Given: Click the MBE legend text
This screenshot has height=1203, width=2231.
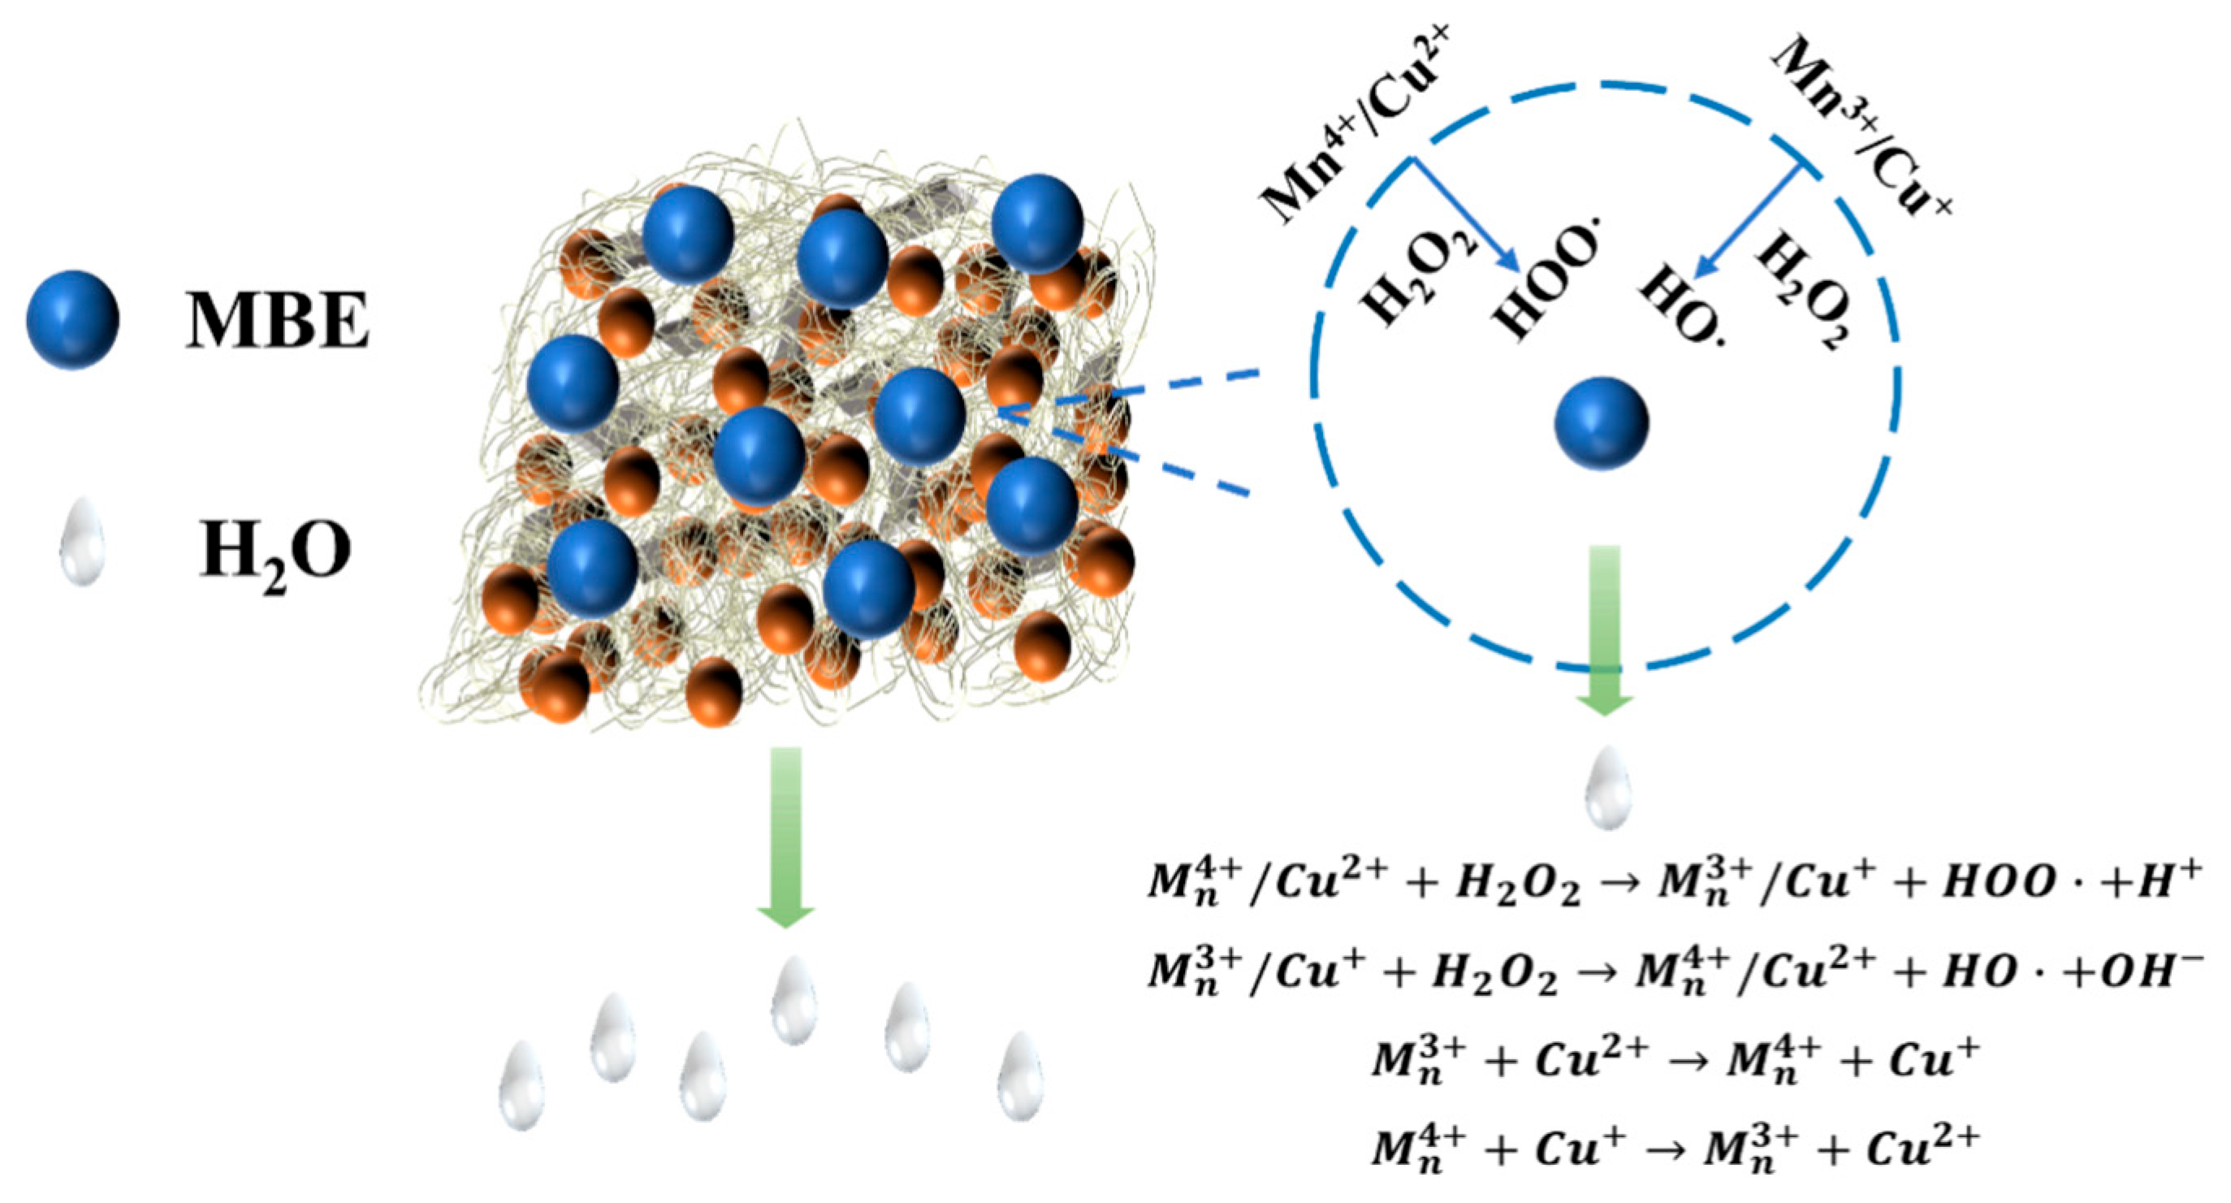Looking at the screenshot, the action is click(277, 321).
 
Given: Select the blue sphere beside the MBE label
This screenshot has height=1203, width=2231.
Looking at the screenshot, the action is click(73, 319).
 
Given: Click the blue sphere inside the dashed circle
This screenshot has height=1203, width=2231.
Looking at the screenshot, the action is click(1602, 423).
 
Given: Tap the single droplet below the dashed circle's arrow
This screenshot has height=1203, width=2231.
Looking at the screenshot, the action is click(1607, 788).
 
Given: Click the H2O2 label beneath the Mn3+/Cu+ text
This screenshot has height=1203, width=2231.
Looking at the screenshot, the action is click(1805, 295).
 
